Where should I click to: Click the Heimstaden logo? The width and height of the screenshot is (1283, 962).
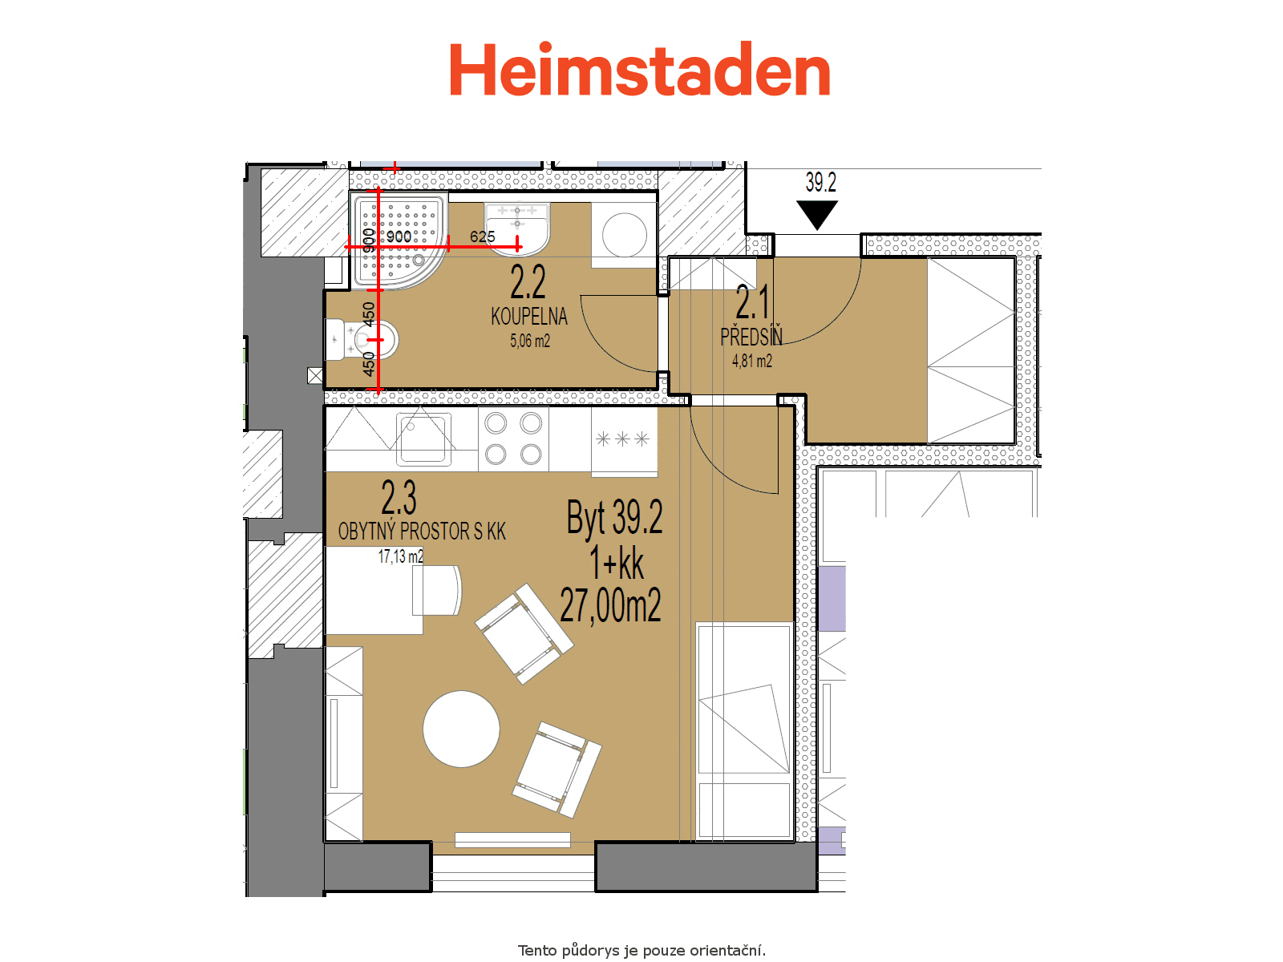point(639,68)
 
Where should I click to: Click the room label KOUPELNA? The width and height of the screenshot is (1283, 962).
point(529,316)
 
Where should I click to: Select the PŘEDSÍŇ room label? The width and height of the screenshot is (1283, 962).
point(751,337)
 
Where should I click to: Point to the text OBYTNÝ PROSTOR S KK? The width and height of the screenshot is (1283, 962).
point(422,531)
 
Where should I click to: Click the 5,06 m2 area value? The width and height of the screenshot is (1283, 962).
point(529,341)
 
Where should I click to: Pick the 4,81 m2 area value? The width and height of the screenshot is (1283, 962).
point(751,361)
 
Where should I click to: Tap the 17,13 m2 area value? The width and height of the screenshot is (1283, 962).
point(400,556)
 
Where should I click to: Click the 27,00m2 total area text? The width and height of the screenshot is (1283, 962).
point(610,605)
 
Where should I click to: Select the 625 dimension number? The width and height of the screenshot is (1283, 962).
point(482,236)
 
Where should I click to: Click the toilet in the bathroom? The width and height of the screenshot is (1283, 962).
point(362,339)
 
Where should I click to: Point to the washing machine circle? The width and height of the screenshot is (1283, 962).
point(624,235)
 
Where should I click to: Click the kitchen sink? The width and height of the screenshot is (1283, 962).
point(423,439)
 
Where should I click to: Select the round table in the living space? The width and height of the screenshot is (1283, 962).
point(461,729)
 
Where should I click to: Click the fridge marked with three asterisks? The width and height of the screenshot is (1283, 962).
point(624,442)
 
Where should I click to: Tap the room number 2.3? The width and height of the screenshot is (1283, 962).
point(399,497)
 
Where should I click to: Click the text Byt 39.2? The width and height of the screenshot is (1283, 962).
point(614,518)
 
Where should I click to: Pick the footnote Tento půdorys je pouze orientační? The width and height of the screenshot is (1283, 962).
point(641,950)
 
